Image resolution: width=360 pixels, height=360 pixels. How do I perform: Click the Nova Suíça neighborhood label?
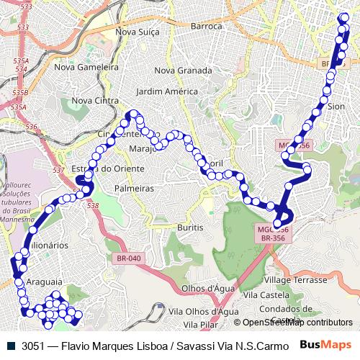click(x=136, y=32)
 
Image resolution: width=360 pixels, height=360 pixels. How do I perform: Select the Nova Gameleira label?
click(x=86, y=66)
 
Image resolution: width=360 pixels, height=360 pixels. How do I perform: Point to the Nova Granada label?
click(x=183, y=71)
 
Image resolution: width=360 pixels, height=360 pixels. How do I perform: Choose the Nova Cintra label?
click(x=95, y=101)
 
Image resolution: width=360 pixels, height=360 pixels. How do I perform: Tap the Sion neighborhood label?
click(x=336, y=105)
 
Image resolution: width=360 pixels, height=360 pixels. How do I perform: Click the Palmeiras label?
click(x=135, y=188)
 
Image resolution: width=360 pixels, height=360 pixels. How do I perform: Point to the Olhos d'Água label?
click(x=190, y=288)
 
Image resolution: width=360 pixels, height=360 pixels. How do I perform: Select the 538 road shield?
click(x=92, y=206)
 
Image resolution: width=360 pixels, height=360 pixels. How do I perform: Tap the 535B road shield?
click(x=20, y=93)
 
